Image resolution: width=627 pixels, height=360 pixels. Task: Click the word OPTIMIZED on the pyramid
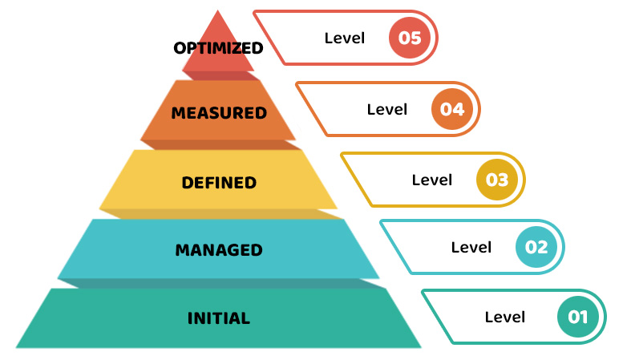tap(218, 48)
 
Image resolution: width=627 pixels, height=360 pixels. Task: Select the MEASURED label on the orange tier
tap(219, 113)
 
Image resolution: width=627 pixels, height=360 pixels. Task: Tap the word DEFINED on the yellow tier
tap(219, 183)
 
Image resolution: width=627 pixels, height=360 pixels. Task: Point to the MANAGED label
tap(219, 250)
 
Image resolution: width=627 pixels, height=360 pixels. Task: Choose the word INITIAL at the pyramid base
tap(219, 318)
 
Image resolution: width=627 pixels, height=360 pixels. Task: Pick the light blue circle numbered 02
tap(537, 247)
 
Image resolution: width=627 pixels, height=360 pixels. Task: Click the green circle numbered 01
tap(579, 317)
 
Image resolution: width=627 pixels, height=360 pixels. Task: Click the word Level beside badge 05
tap(345, 38)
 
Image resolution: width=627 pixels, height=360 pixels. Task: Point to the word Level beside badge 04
tap(387, 109)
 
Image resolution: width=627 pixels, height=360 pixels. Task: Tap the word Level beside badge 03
tap(432, 180)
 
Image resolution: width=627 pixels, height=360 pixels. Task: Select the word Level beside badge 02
tap(471, 247)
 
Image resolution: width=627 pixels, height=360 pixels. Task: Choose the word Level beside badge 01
tap(505, 317)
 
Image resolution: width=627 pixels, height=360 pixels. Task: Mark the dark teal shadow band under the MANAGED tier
tap(219, 283)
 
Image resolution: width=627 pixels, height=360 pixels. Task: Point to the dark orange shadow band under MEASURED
tap(219, 144)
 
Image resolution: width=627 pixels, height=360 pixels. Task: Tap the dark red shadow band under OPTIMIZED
tap(219, 75)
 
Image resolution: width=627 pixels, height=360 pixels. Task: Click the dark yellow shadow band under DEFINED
tap(219, 213)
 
